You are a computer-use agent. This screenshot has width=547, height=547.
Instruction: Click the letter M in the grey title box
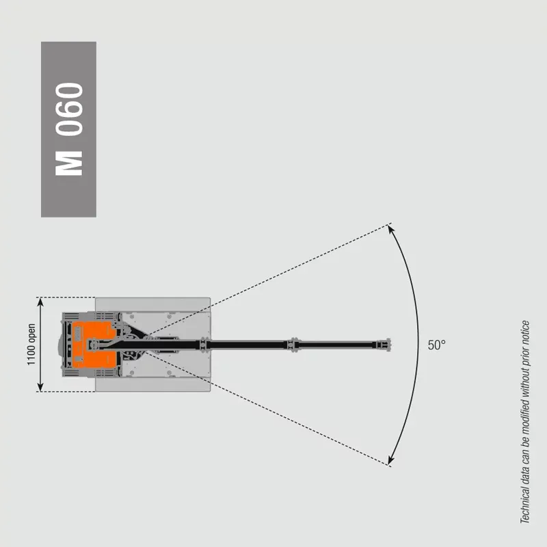pyautogui.click(x=69, y=163)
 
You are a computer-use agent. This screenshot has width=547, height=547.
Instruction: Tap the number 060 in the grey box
pyautogui.click(x=69, y=109)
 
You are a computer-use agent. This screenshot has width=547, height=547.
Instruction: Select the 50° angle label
pyautogui.click(x=436, y=345)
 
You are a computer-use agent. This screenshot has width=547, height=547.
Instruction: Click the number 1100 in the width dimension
pyautogui.click(x=31, y=354)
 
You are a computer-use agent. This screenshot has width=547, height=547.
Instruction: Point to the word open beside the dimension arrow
pyautogui.click(x=31, y=332)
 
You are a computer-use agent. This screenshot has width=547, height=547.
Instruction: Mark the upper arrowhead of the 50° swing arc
pyautogui.click(x=391, y=229)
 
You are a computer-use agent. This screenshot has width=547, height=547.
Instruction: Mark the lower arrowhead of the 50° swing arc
pyautogui.click(x=391, y=460)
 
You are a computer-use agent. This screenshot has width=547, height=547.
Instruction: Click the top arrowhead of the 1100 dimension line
pyautogui.click(x=40, y=302)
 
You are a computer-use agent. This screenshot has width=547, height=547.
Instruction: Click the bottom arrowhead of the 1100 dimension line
pyautogui.click(x=40, y=387)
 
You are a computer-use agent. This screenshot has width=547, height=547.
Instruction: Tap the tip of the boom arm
pyautogui.click(x=390, y=345)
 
